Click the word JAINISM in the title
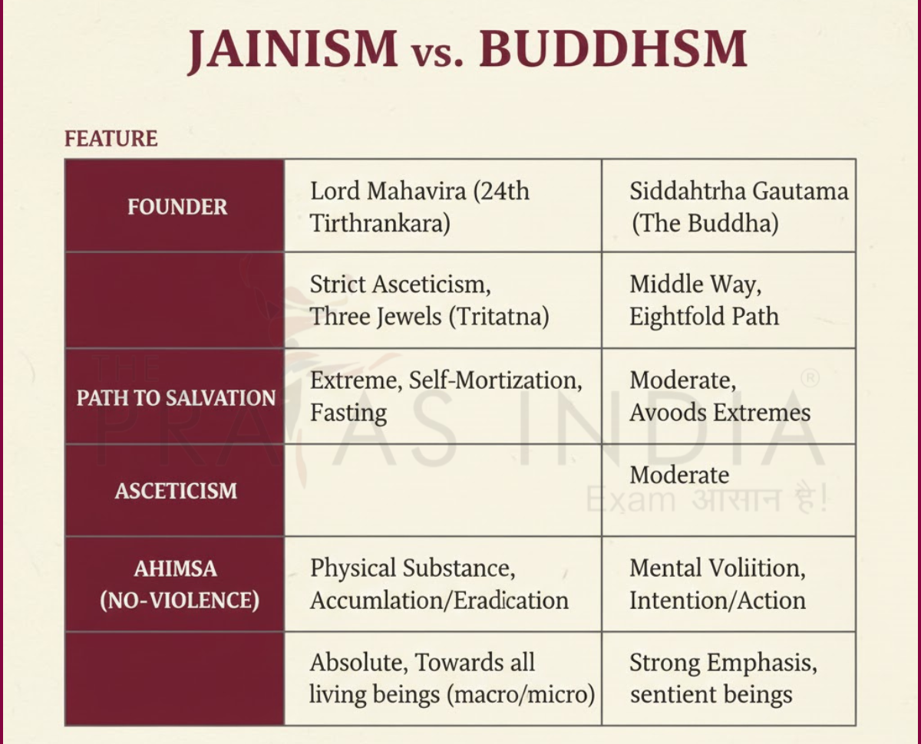[292, 50]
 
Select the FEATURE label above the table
[111, 139]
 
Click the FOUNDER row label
[177, 207]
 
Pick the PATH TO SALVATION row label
[176, 398]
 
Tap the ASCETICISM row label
[176, 491]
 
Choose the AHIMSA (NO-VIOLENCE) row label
[176, 584]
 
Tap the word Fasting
[348, 413]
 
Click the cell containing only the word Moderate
[679, 476]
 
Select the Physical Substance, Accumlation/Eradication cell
[439, 584]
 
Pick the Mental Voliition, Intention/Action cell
[718, 584]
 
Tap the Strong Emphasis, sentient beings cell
[723, 679]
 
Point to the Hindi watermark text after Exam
[757, 500]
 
